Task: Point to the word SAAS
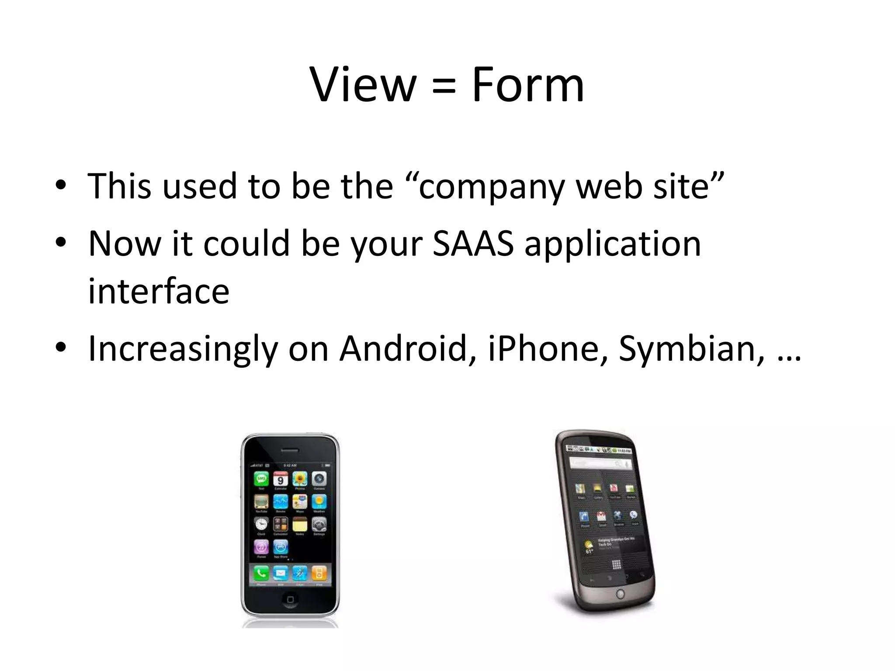(473, 243)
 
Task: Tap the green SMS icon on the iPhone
(261, 479)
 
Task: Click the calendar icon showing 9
(281, 479)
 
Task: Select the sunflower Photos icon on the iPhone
(300, 479)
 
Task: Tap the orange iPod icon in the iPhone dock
(319, 573)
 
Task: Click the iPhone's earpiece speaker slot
(290, 450)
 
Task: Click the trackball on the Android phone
(620, 594)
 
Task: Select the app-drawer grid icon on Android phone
(616, 564)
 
